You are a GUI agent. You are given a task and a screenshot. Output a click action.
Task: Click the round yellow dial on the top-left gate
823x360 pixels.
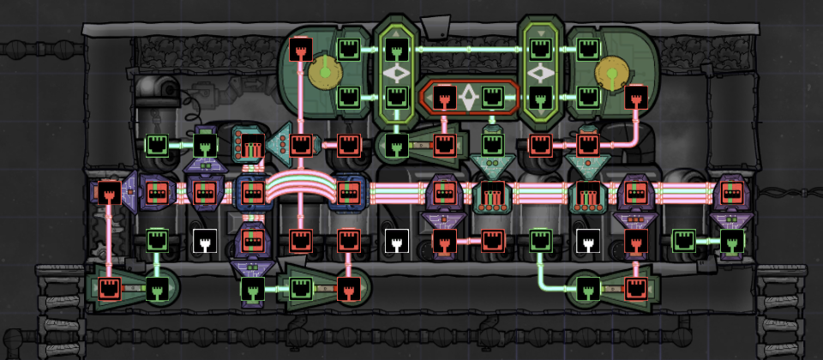(x=323, y=73)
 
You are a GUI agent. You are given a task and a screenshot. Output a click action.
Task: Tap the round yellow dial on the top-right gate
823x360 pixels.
(x=612, y=73)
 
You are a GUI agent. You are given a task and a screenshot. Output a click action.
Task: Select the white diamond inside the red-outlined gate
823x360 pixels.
(x=468, y=97)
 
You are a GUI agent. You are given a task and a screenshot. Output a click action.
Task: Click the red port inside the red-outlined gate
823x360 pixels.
(x=444, y=96)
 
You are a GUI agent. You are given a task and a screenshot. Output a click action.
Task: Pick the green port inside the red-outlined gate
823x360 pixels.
(x=492, y=96)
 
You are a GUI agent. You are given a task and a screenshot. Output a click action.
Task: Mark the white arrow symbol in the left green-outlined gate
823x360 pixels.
(x=395, y=74)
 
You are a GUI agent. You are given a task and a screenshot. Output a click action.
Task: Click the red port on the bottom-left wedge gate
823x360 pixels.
(x=108, y=287)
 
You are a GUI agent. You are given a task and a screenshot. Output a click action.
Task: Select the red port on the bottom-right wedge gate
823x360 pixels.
(x=635, y=287)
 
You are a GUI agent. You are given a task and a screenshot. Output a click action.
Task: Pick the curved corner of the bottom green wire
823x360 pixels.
(x=544, y=283)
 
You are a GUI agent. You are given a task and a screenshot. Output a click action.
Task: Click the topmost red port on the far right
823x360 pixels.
(x=635, y=96)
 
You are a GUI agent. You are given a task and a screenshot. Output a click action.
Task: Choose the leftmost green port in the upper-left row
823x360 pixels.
(x=156, y=143)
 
